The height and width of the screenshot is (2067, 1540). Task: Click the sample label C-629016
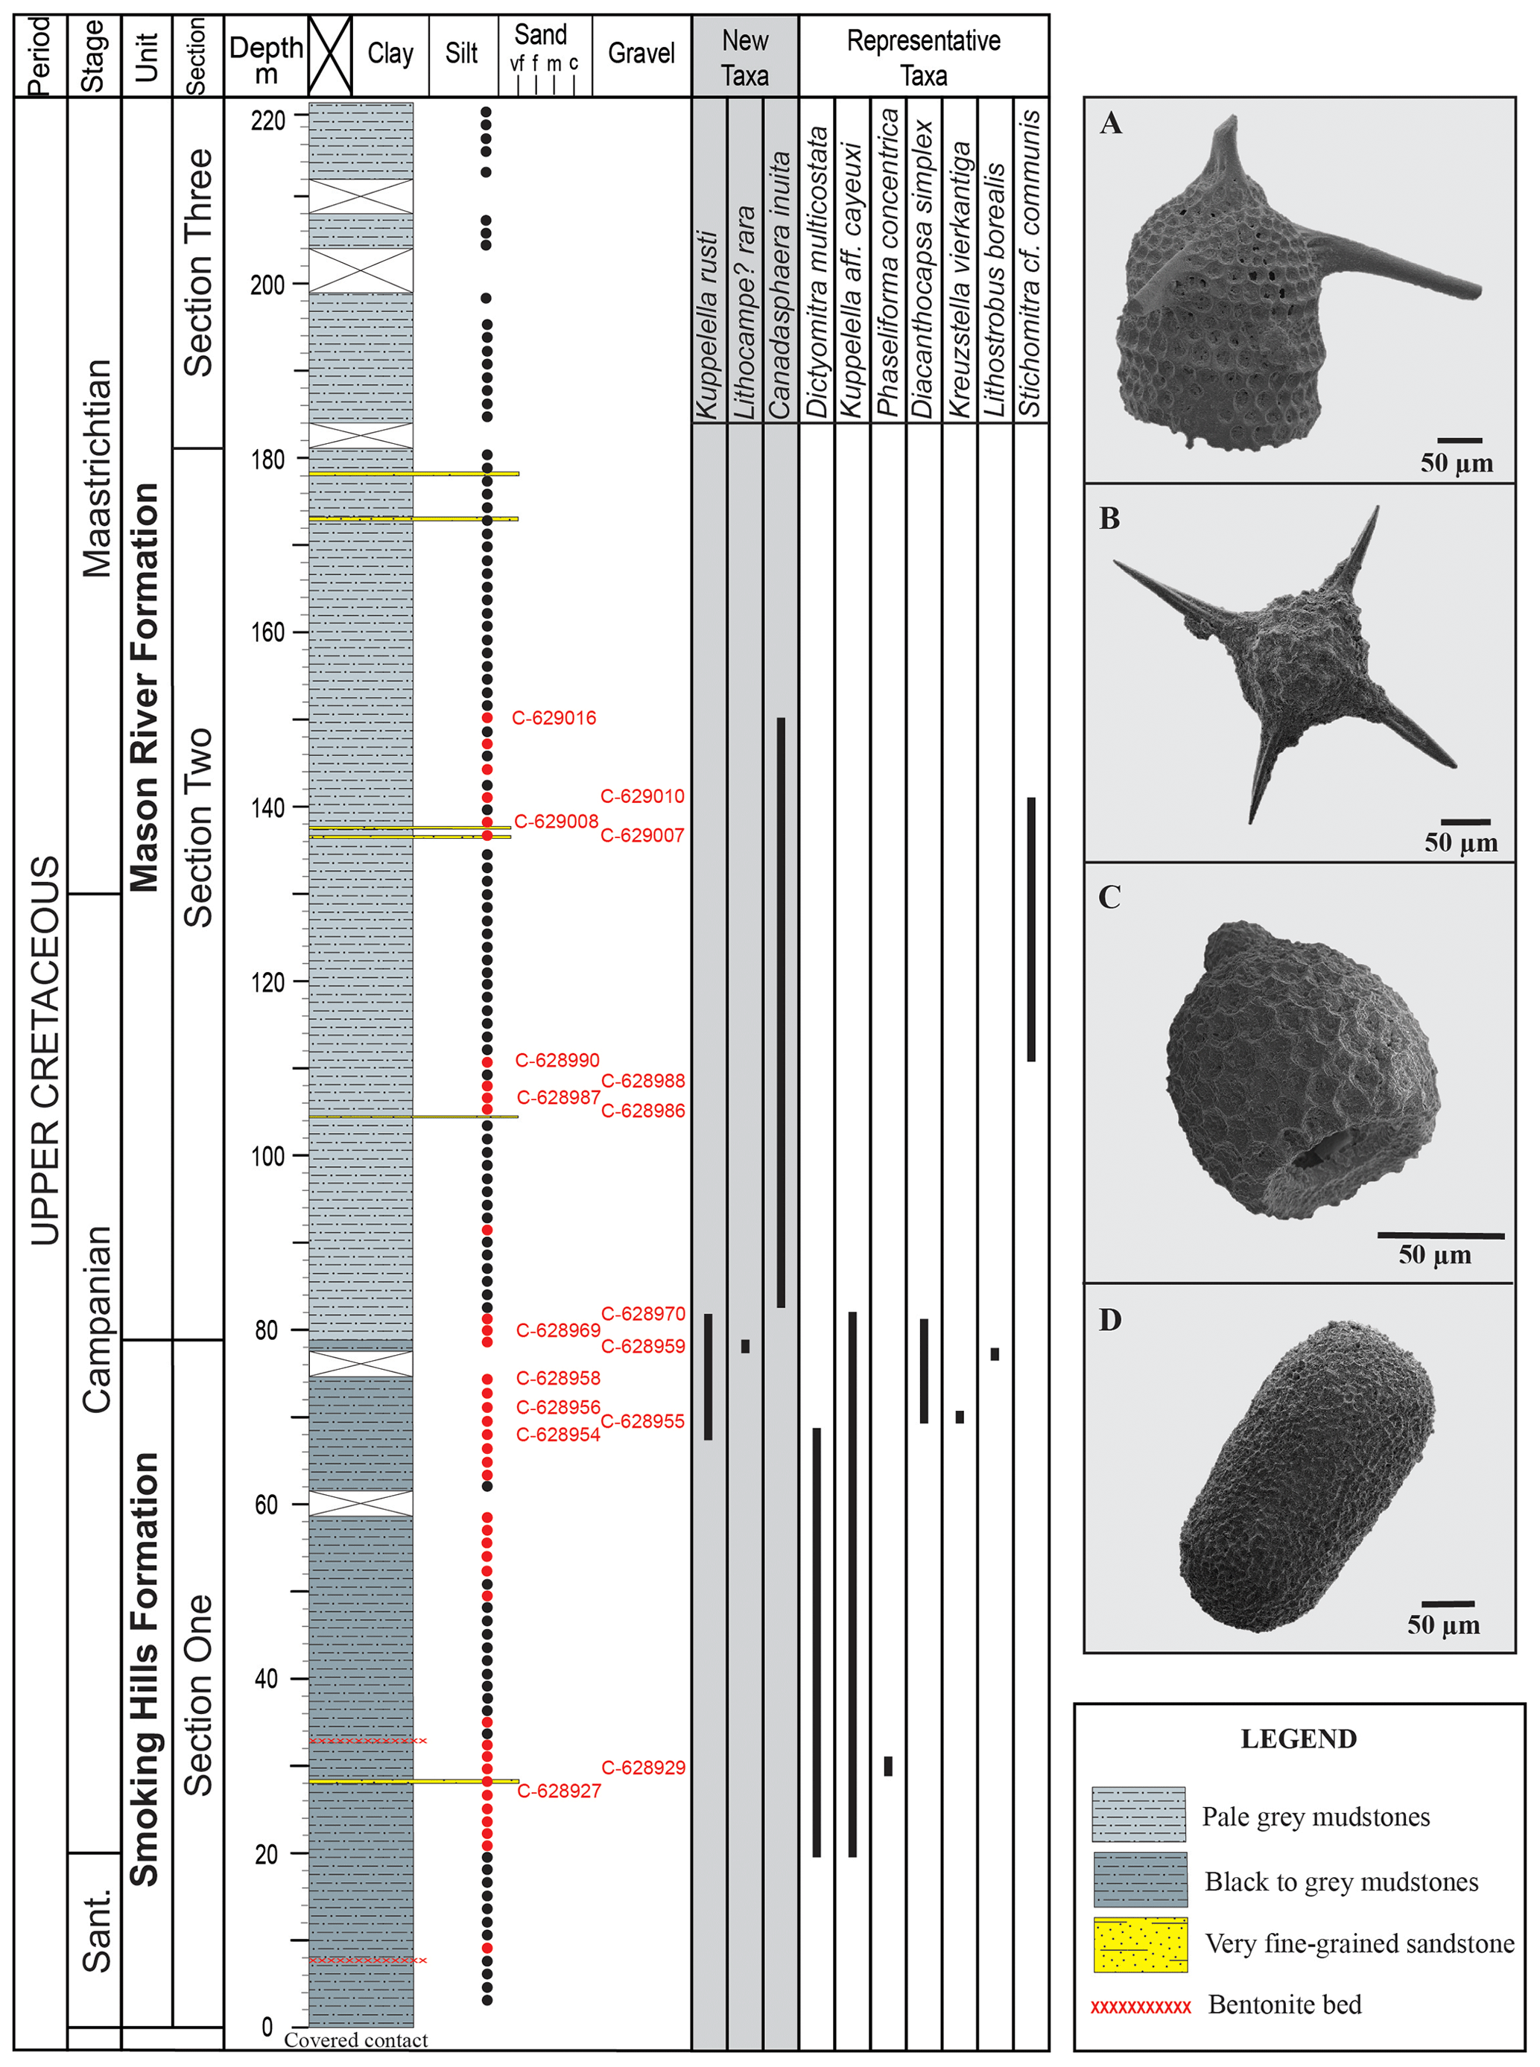pos(554,717)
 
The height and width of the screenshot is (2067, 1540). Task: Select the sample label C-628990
pos(557,1060)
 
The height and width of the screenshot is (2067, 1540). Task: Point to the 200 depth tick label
pos(267,285)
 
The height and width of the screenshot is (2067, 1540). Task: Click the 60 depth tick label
pos(267,1504)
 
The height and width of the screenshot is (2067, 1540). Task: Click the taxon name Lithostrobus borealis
pos(995,289)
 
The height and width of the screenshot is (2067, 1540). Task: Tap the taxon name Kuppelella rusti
pos(708,326)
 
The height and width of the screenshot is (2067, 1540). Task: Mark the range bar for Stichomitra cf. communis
pos(1031,928)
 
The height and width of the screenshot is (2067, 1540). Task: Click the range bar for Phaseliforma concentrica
pos(888,1765)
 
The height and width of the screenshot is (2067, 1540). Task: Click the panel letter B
pos(1109,518)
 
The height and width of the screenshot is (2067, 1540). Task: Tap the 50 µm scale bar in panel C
pos(1440,1236)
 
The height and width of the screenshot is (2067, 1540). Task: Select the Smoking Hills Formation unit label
pos(145,1668)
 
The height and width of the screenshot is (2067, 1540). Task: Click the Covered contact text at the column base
pos(356,2040)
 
